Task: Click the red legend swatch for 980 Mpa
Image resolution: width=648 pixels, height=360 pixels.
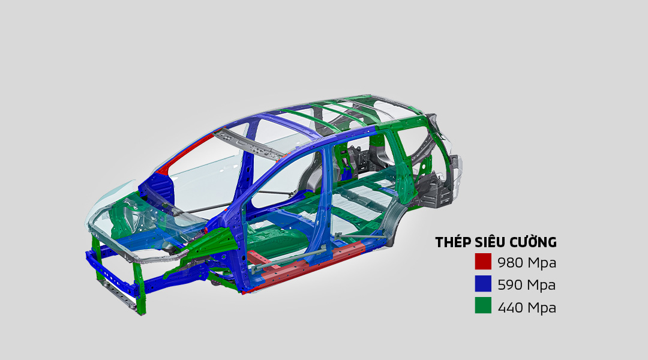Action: tap(483, 262)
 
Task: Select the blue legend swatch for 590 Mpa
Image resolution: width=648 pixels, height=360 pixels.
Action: tap(483, 284)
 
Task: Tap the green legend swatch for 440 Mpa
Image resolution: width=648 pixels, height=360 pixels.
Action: tap(483, 305)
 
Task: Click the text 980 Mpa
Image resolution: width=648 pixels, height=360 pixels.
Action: tap(527, 262)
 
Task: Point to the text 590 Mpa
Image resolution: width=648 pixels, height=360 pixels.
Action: tap(527, 285)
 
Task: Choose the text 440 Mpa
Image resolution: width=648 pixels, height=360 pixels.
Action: tap(527, 308)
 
